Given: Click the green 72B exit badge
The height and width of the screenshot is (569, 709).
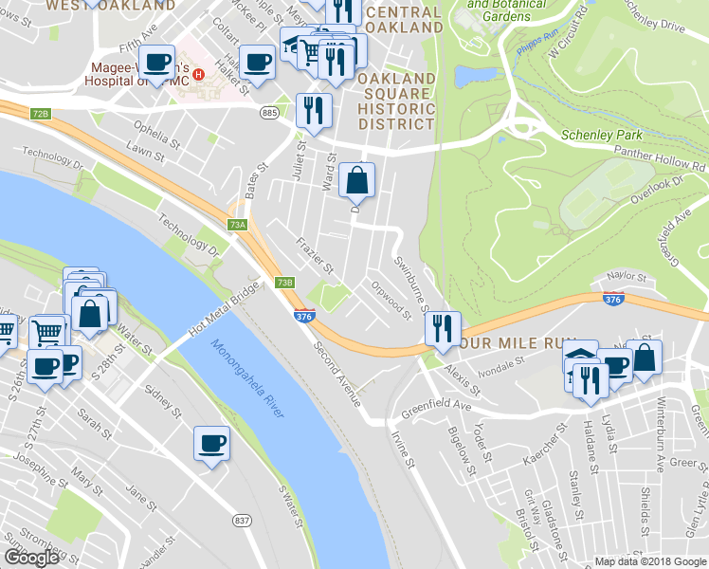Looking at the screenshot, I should click(40, 114).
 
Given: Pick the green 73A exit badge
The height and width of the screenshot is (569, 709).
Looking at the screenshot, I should click(237, 225).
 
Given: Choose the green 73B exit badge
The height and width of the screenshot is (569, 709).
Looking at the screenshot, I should click(285, 282).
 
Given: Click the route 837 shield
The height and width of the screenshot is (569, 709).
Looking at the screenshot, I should click(242, 520).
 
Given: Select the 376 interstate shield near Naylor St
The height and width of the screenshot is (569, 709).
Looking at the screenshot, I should click(612, 299).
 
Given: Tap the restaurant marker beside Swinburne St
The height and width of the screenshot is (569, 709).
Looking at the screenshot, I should click(442, 329).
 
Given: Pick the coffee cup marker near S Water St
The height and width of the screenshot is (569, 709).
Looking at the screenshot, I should click(211, 443).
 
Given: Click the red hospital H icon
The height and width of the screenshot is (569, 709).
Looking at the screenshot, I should click(197, 75).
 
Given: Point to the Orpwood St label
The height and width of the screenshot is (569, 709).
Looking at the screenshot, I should click(391, 299).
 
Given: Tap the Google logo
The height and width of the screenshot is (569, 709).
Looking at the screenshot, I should click(30, 558).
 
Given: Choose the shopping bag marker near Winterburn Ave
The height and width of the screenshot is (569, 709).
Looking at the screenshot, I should click(644, 358).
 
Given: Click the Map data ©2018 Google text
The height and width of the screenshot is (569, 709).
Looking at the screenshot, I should click(649, 561).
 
